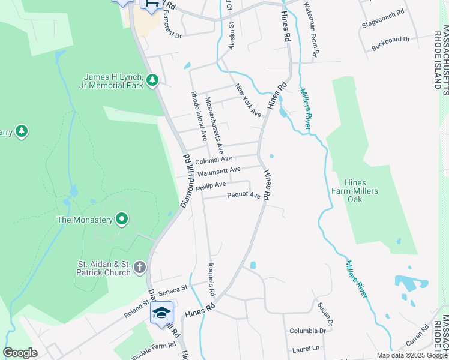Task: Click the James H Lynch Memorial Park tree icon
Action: click(x=152, y=79)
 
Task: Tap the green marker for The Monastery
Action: click(x=122, y=220)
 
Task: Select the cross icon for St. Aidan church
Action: click(x=139, y=267)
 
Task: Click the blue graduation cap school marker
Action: click(x=161, y=313)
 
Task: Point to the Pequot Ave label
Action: click(x=244, y=196)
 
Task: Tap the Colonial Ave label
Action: click(x=213, y=159)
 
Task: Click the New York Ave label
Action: click(x=248, y=100)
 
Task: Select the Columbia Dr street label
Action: click(x=307, y=331)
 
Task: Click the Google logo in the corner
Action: click(x=20, y=353)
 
